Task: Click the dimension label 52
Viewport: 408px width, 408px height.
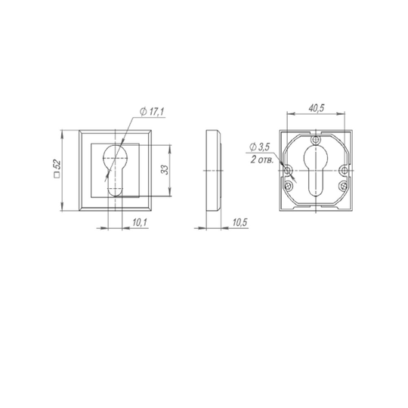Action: tap(57, 164)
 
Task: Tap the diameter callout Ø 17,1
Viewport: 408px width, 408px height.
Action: tap(152, 112)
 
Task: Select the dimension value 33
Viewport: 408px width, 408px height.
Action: tap(165, 169)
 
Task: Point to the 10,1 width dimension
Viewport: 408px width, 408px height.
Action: tap(140, 222)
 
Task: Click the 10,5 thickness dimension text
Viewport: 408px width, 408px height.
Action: tap(240, 222)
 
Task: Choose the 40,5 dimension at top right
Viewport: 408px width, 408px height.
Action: tap(317, 108)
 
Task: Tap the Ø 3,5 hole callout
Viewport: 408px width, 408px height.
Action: tap(259, 147)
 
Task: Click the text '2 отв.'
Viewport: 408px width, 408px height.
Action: tap(262, 159)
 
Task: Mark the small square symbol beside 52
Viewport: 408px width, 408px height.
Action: tap(57, 175)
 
